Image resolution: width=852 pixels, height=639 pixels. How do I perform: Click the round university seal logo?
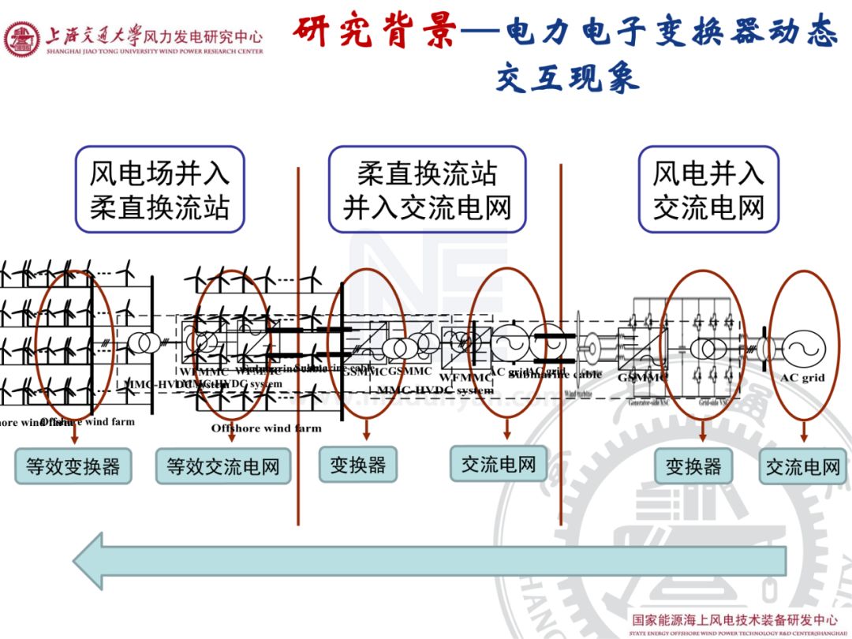(21, 39)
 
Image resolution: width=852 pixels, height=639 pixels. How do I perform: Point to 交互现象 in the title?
(567, 79)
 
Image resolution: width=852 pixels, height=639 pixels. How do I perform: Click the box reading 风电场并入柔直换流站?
(159, 189)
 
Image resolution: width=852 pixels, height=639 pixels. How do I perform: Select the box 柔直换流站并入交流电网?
(427, 189)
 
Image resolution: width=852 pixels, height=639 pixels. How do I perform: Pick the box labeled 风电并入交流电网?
(708, 189)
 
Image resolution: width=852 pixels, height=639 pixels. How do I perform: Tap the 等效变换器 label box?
(73, 466)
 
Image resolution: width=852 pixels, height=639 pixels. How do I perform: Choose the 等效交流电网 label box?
(222, 466)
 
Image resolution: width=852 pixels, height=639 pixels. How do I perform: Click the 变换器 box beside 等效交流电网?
(357, 465)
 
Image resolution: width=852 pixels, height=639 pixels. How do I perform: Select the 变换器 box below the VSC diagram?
(693, 466)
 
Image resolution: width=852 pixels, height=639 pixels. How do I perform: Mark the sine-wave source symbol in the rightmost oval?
(803, 347)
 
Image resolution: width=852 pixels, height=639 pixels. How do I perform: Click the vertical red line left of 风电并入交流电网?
(560, 339)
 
